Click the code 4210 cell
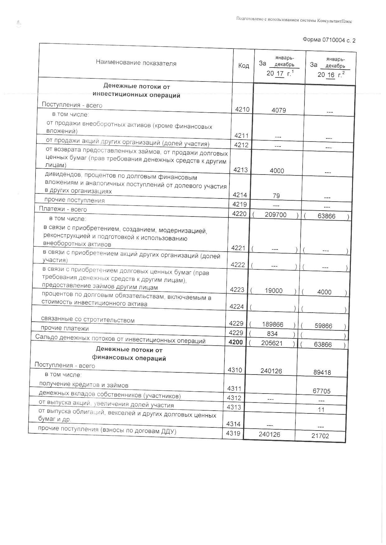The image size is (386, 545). (x=242, y=109)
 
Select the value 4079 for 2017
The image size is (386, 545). (x=279, y=110)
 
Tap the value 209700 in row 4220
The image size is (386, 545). (x=275, y=215)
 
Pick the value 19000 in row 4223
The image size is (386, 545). (x=274, y=291)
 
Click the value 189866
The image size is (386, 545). (x=273, y=324)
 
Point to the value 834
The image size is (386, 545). (x=272, y=334)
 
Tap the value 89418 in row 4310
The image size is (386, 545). (x=322, y=372)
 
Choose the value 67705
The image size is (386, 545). (x=322, y=391)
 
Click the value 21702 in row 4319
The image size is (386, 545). (x=320, y=436)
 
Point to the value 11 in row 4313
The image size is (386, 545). (x=321, y=410)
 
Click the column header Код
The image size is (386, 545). (x=244, y=66)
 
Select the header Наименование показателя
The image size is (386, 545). (x=136, y=63)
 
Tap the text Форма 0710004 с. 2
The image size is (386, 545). (x=329, y=40)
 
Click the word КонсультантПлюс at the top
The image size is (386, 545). (x=335, y=21)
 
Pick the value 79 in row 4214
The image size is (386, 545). (x=276, y=196)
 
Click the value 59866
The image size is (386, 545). (x=323, y=326)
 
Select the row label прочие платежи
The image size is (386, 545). (x=65, y=328)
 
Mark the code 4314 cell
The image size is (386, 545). (x=233, y=424)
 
